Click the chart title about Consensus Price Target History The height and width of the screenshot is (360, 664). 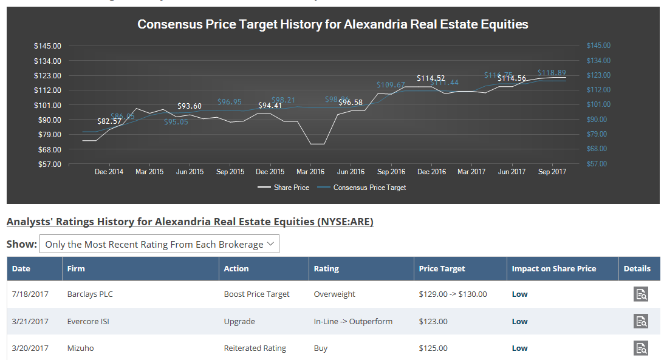point(332,25)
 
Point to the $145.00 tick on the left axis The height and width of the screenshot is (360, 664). point(48,46)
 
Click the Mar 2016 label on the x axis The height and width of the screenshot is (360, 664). point(310,172)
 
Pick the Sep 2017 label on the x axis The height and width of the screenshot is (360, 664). point(552,172)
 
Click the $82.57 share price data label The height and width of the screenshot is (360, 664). point(109,121)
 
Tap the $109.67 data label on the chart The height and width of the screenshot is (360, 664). point(391,85)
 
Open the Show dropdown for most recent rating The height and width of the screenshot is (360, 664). point(159,245)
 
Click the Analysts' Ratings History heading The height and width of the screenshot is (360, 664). point(190,222)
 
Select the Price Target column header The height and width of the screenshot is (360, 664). point(442,268)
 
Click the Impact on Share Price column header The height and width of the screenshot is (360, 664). point(553,268)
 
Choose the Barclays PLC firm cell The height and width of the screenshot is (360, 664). point(90,294)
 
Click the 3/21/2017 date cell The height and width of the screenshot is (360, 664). point(30,322)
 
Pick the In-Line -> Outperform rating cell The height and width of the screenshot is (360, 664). point(353,322)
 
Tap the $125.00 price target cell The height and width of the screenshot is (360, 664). point(433,348)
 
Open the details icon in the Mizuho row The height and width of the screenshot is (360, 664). point(641,348)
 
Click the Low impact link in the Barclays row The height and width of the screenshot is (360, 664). point(519,294)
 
